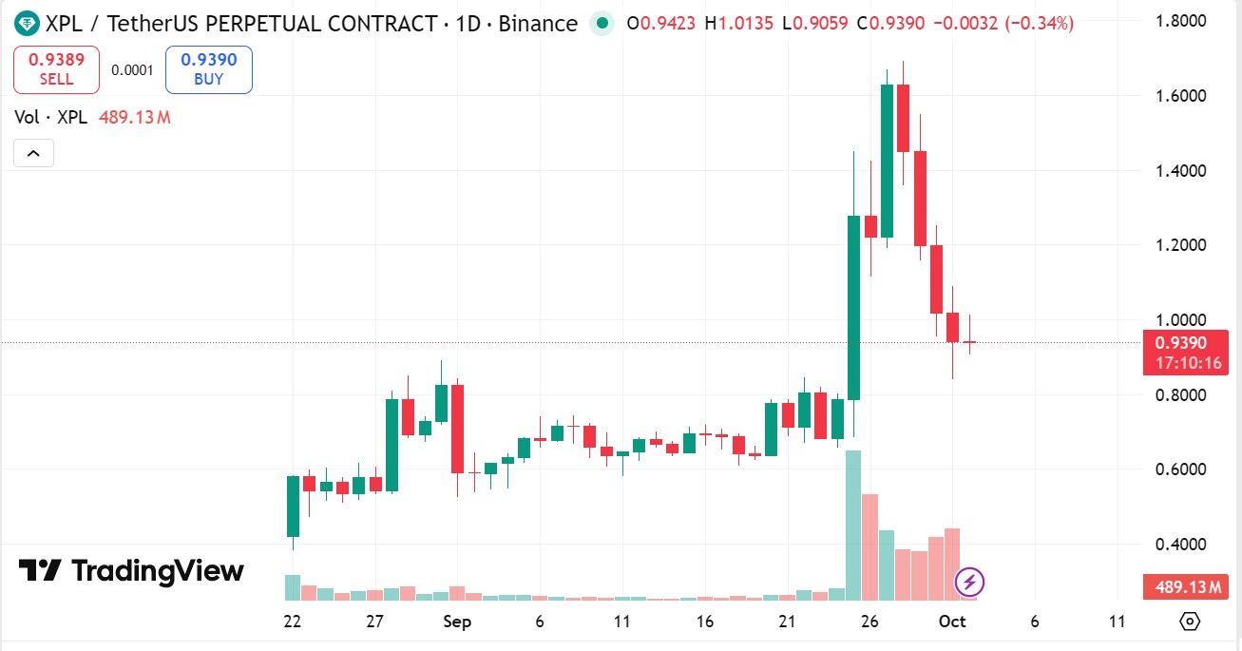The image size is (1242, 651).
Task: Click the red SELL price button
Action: pyautogui.click(x=56, y=69)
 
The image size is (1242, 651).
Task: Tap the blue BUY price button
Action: pyautogui.click(x=208, y=69)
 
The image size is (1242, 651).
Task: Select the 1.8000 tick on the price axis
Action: pyautogui.click(x=1180, y=21)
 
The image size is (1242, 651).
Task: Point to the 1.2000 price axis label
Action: pyautogui.click(x=1180, y=245)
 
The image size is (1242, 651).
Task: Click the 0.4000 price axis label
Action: pyautogui.click(x=1180, y=545)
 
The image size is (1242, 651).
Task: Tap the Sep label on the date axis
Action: pyautogui.click(x=457, y=622)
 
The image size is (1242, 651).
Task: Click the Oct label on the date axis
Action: pyautogui.click(x=952, y=622)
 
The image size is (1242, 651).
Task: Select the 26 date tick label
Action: pyautogui.click(x=869, y=622)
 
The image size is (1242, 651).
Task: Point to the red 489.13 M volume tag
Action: pyautogui.click(x=1187, y=588)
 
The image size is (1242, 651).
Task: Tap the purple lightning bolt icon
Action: pyautogui.click(x=969, y=582)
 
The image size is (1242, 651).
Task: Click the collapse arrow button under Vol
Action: pyautogui.click(x=33, y=153)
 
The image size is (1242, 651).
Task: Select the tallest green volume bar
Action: pyautogui.click(x=853, y=525)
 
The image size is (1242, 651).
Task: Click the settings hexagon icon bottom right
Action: pyautogui.click(x=1189, y=622)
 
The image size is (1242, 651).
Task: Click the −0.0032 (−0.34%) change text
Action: pyautogui.click(x=1003, y=23)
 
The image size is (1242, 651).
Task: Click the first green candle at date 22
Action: pyautogui.click(x=293, y=507)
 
